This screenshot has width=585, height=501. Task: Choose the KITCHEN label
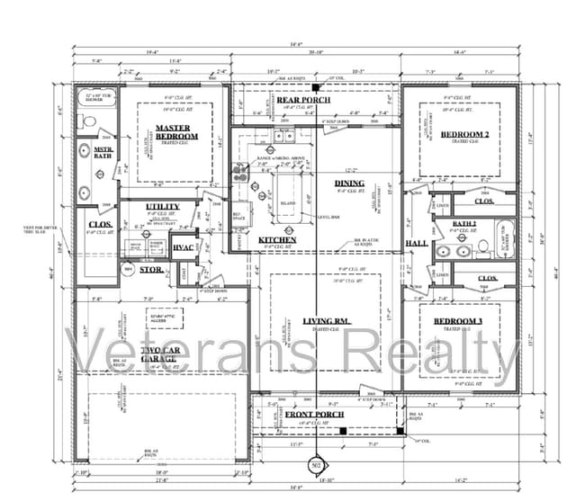(277, 240)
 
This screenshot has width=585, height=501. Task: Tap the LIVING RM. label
(326, 321)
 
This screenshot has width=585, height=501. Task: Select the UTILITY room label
(162, 206)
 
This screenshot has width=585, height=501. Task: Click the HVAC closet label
(184, 246)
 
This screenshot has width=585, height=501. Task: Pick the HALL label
(417, 243)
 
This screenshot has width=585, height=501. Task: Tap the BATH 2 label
(464, 223)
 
